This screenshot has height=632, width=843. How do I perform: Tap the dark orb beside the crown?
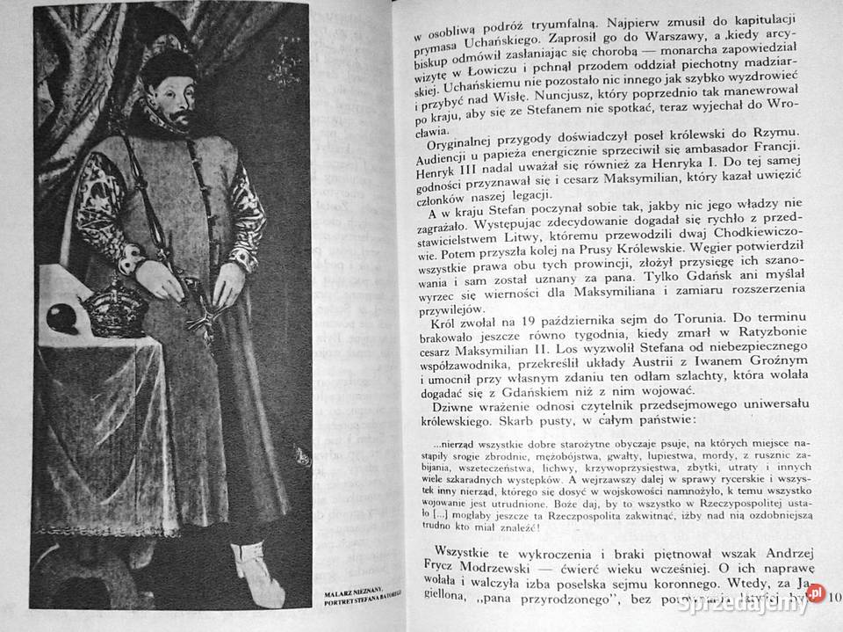(x=64, y=317)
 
